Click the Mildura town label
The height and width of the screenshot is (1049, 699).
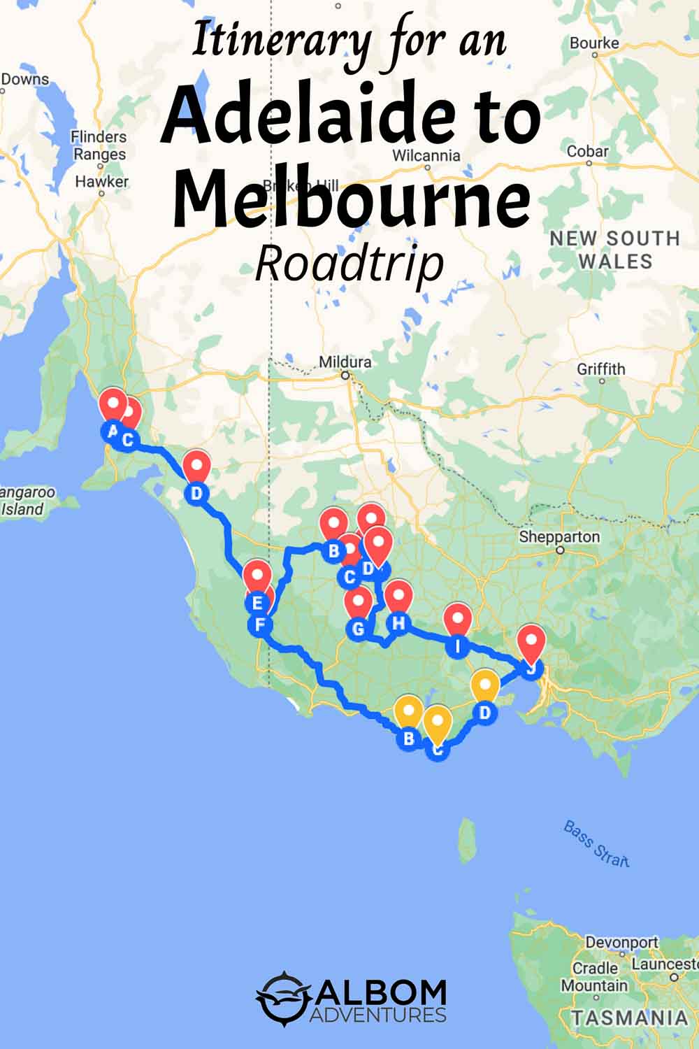click(345, 362)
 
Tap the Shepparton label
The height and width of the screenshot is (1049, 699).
click(559, 537)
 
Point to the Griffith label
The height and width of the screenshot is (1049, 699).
click(601, 369)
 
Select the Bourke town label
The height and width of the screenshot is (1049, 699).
click(594, 43)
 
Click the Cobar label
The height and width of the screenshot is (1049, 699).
click(588, 151)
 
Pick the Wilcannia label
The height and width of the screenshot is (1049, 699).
click(426, 155)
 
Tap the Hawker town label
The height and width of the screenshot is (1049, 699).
click(102, 181)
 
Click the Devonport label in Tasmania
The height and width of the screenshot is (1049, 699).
click(621, 942)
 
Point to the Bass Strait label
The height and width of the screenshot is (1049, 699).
click(596, 843)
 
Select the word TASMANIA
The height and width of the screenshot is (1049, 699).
click(629, 1018)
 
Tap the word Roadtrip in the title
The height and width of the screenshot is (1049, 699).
click(349, 264)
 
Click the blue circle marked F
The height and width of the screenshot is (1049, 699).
click(260, 624)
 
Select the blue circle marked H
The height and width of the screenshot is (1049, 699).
click(398, 622)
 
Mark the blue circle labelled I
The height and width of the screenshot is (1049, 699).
click(458, 646)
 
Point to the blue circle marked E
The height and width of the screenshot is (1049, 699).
click(257, 602)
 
